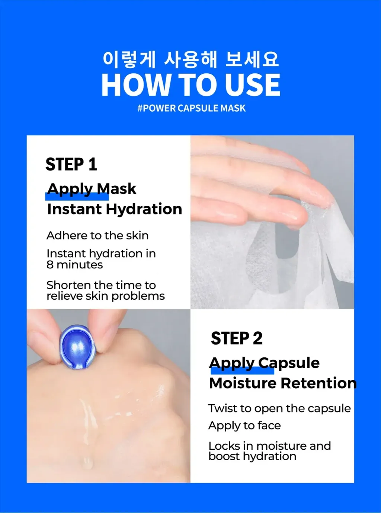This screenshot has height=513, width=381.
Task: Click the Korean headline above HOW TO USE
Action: coord(191,60)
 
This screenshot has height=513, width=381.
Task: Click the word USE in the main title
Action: coord(253,85)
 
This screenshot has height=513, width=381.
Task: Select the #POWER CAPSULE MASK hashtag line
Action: coord(191,108)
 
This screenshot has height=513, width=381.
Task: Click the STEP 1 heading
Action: coord(71,164)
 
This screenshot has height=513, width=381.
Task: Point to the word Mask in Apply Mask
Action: coord(116,189)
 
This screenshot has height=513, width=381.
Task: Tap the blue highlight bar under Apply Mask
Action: coord(77,196)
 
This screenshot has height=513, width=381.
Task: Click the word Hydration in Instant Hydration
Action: coord(144,209)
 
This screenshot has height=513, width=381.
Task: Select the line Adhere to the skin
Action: coord(97,235)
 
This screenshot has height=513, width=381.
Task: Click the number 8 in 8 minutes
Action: coord(50,265)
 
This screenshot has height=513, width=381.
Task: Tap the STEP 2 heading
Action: coord(237,338)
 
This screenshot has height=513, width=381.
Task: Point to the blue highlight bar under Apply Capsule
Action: coord(242,370)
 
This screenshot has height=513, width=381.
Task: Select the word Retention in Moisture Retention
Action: coord(318,383)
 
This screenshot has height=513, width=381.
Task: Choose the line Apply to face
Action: coord(244,426)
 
